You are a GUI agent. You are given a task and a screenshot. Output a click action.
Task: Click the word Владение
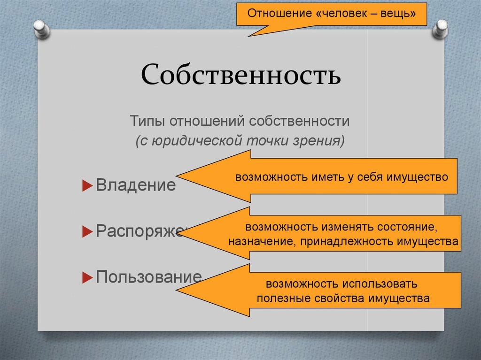[x=136, y=185]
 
